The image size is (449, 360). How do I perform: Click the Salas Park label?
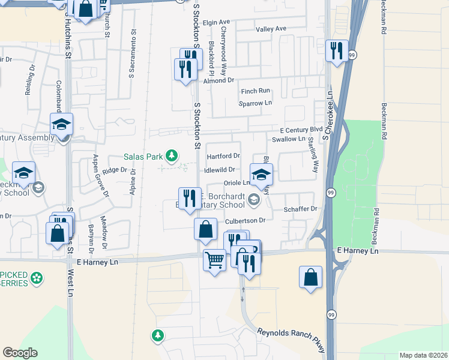pos(143,157)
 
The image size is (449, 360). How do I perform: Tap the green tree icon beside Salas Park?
pos(172,157)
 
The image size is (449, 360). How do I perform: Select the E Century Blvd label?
pos(301,130)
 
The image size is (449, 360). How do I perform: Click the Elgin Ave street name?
pos(217,23)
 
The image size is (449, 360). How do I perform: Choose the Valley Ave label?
pos(271,29)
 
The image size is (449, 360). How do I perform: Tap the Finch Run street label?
pos(256,91)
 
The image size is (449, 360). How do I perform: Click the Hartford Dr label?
pos(223,156)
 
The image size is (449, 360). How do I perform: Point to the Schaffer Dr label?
pos(300,208)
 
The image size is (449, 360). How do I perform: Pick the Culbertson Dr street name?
pos(245,221)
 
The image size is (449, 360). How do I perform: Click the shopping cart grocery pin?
pos(214,260)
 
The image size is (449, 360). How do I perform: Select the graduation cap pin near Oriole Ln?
pos(261,174)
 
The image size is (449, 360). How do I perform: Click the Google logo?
pos(20,353)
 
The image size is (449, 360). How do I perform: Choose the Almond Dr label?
pos(218,80)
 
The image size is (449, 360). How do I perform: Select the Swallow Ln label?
pos(288,139)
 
